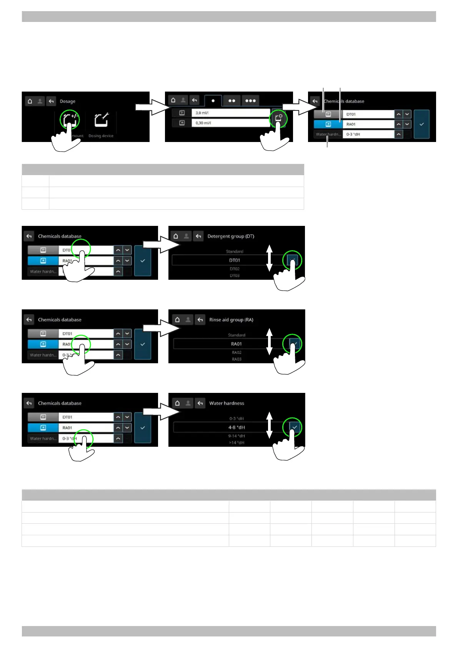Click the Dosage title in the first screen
click(68, 102)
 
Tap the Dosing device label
click(101, 136)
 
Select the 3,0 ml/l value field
click(230, 113)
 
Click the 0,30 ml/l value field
click(230, 123)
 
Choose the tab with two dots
click(231, 101)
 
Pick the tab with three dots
click(250, 101)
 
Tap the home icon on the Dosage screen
click(30, 101)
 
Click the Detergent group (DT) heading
click(231, 236)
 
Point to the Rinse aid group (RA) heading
click(231, 320)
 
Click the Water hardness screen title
click(227, 403)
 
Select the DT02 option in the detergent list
click(235, 269)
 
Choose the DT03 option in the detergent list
click(235, 276)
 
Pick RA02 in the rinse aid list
click(236, 352)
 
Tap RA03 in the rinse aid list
click(236, 359)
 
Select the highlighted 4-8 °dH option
click(236, 428)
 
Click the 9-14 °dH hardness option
click(236, 436)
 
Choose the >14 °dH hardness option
click(236, 443)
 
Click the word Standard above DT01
click(235, 251)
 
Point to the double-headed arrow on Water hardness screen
click(270, 425)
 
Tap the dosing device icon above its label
click(102, 120)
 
